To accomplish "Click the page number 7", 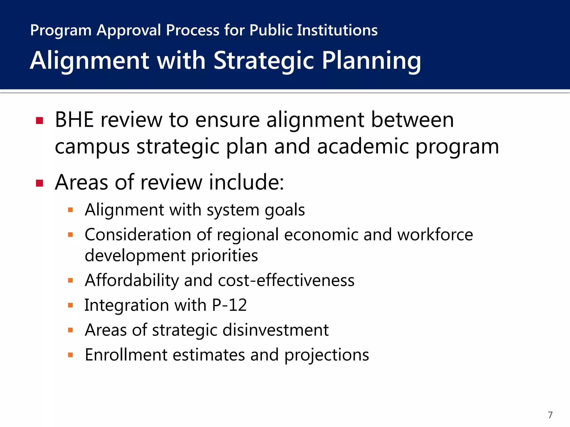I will (x=550, y=415).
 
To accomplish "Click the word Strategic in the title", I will (x=264, y=61).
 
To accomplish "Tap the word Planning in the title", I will (x=371, y=61).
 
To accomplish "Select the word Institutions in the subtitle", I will (x=337, y=30).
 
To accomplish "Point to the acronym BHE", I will (x=74, y=120).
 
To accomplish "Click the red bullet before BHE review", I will (x=40, y=121).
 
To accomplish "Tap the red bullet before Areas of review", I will (x=40, y=183).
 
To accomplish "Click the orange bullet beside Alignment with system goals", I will (x=70, y=210).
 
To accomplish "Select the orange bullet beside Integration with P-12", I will (x=70, y=306).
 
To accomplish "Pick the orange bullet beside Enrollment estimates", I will (x=70, y=355).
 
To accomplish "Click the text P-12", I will (x=229, y=305).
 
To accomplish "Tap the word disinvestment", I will (x=276, y=330).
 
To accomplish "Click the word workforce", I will (x=435, y=235).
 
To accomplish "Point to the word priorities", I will (x=225, y=256).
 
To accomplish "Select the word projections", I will (x=327, y=355).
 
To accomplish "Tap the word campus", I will (x=92, y=147).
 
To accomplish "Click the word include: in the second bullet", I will (x=247, y=182).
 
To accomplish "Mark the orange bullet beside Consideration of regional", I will (x=70, y=235).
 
